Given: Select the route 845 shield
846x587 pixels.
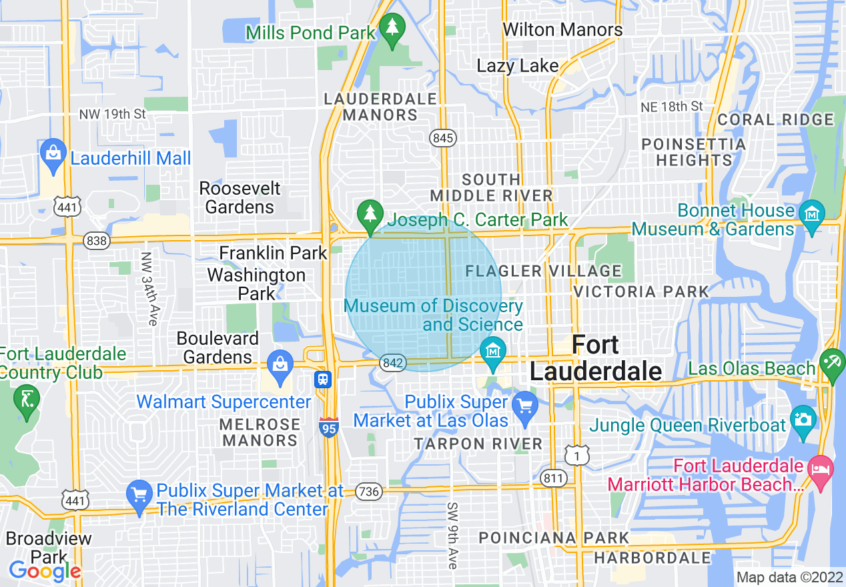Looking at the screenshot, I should point(442,138).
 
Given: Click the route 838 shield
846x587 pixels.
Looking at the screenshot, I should point(97,240).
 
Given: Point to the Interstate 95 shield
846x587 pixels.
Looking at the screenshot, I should point(329,426).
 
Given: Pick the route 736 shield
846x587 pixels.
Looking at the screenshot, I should point(369,492).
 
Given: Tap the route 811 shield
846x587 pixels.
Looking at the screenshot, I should point(554,478).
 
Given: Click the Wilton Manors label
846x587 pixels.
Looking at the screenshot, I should point(562,30).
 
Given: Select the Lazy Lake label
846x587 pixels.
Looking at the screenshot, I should point(517,65).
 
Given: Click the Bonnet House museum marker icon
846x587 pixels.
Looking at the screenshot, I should point(812,215).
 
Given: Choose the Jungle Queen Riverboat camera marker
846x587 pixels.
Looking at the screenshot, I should point(803,420).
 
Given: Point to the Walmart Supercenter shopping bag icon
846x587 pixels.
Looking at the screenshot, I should point(280,365).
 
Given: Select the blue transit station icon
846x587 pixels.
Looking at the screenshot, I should point(323,380).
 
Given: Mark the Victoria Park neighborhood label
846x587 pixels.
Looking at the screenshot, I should point(641,291).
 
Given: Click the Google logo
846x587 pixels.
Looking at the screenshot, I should point(45,570).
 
